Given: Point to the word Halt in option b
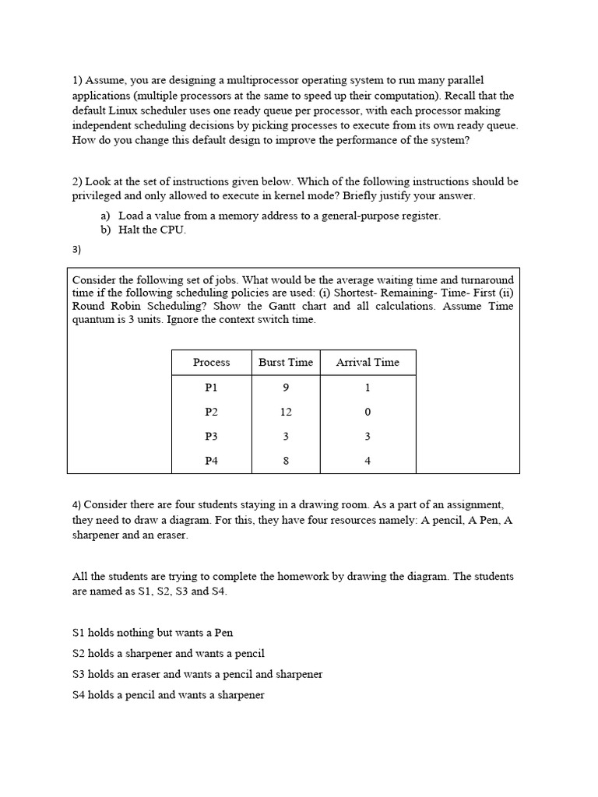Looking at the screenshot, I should [129, 230].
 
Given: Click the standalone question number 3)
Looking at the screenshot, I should [76, 250].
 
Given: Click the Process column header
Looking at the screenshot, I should [211, 362].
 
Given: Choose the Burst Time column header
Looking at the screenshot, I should [286, 362].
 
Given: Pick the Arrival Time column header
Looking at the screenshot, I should [368, 362].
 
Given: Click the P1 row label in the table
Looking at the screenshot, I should [211, 387].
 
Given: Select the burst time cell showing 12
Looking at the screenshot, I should [286, 412].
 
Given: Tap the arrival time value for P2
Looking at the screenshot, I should [368, 412].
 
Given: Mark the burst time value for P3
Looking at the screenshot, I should [286, 437].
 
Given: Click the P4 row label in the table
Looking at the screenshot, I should [211, 461].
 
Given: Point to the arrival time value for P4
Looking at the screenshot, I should [368, 461].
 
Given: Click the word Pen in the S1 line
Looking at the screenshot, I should [223, 633].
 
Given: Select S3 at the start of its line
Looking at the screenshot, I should [79, 674].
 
